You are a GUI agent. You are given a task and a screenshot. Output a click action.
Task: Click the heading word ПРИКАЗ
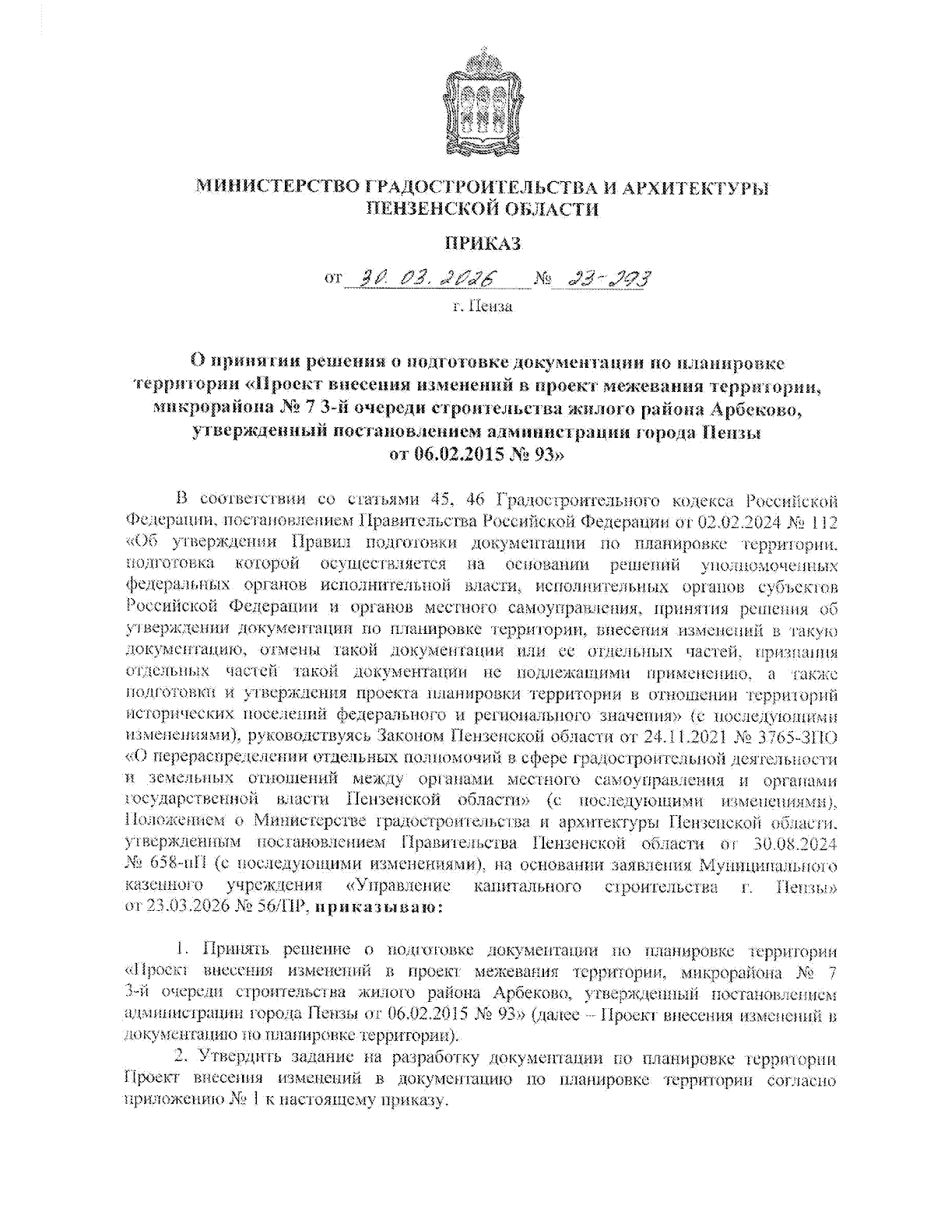tap(482, 243)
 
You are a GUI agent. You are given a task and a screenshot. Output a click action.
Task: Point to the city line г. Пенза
tap(483, 306)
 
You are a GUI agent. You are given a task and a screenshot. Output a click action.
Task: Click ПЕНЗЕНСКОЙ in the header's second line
tap(427, 208)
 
